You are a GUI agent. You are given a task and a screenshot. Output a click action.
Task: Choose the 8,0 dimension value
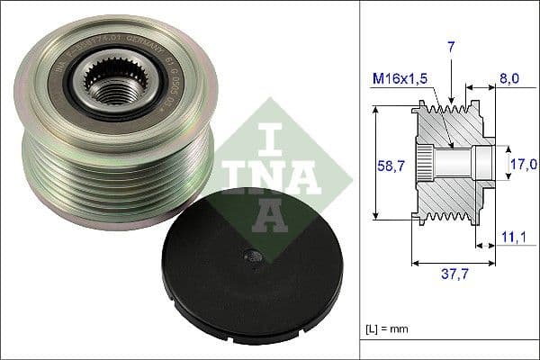[508, 79]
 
